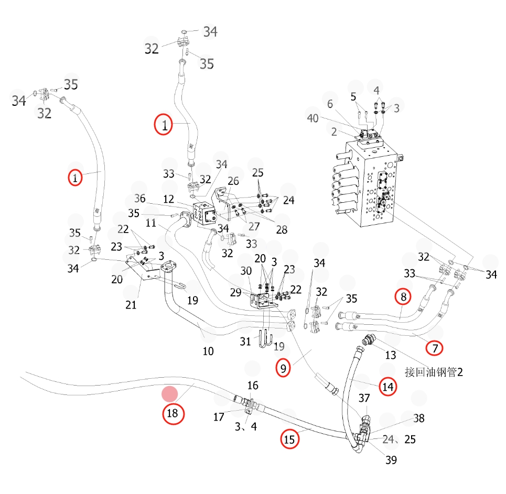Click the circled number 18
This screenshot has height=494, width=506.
tap(173, 413)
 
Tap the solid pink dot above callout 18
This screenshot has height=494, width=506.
tap(170, 394)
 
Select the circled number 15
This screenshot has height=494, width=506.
tap(289, 439)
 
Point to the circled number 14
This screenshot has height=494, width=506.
tap(387, 387)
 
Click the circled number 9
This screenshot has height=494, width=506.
tap(283, 368)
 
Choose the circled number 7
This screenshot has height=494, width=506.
tap(434, 348)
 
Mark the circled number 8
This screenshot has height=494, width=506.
tap(403, 297)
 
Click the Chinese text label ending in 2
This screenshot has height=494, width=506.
tap(434, 372)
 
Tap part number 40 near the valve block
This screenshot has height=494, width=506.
tap(313, 118)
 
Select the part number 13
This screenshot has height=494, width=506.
tap(391, 355)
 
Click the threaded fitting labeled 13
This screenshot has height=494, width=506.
tap(369, 340)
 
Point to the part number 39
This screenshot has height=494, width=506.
tap(391, 460)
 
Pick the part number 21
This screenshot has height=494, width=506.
tap(131, 305)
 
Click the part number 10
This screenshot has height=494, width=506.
tap(208, 351)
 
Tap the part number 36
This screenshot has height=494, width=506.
tap(139, 199)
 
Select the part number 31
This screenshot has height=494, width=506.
tap(245, 341)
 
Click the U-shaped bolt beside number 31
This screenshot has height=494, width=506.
tap(266, 339)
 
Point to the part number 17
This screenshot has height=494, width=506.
tap(219, 417)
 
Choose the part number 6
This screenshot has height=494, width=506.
tap(330, 104)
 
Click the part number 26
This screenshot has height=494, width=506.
tap(233, 181)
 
